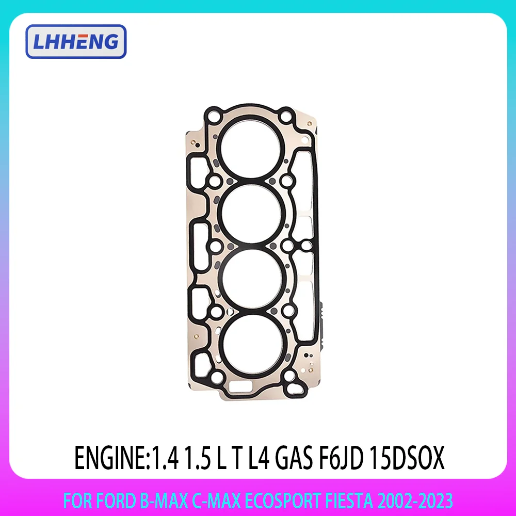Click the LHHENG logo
click(x=75, y=41)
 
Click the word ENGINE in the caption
click(x=109, y=459)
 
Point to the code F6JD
click(x=345, y=459)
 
